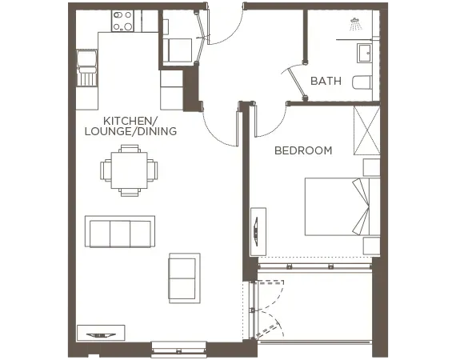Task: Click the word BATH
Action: pyautogui.click(x=325, y=81)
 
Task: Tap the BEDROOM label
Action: pyautogui.click(x=303, y=150)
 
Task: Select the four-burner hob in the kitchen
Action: pyautogui.click(x=123, y=20)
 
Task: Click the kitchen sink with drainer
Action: pyautogui.click(x=86, y=67)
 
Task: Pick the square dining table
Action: pyautogui.click(x=128, y=170)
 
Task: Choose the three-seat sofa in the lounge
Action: pyautogui.click(x=120, y=232)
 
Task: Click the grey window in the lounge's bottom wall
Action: pyautogui.click(x=178, y=345)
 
